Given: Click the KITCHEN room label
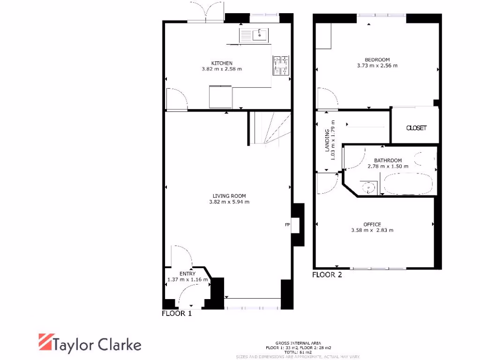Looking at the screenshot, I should coord(222,63).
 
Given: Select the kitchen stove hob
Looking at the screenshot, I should coord(281,65).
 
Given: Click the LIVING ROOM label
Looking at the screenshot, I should coord(229,196).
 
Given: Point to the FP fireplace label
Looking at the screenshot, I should coord(287,225).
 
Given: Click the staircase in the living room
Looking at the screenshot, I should coord(269,128).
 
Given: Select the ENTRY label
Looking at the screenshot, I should coord(187,274).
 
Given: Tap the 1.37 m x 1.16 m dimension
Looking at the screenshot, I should coord(187,280).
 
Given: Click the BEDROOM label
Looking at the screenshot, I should coord(377,60).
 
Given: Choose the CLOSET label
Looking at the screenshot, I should coord(416,128).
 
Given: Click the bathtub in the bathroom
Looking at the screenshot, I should coord(407,184).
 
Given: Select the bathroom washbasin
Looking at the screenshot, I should coord(369,187).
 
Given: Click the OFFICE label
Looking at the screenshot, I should coord(372,224).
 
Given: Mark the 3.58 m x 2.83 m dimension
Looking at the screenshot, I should coord(372,230).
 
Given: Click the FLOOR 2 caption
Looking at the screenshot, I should coord(327,275).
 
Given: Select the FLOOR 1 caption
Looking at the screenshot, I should coord(177,314).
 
